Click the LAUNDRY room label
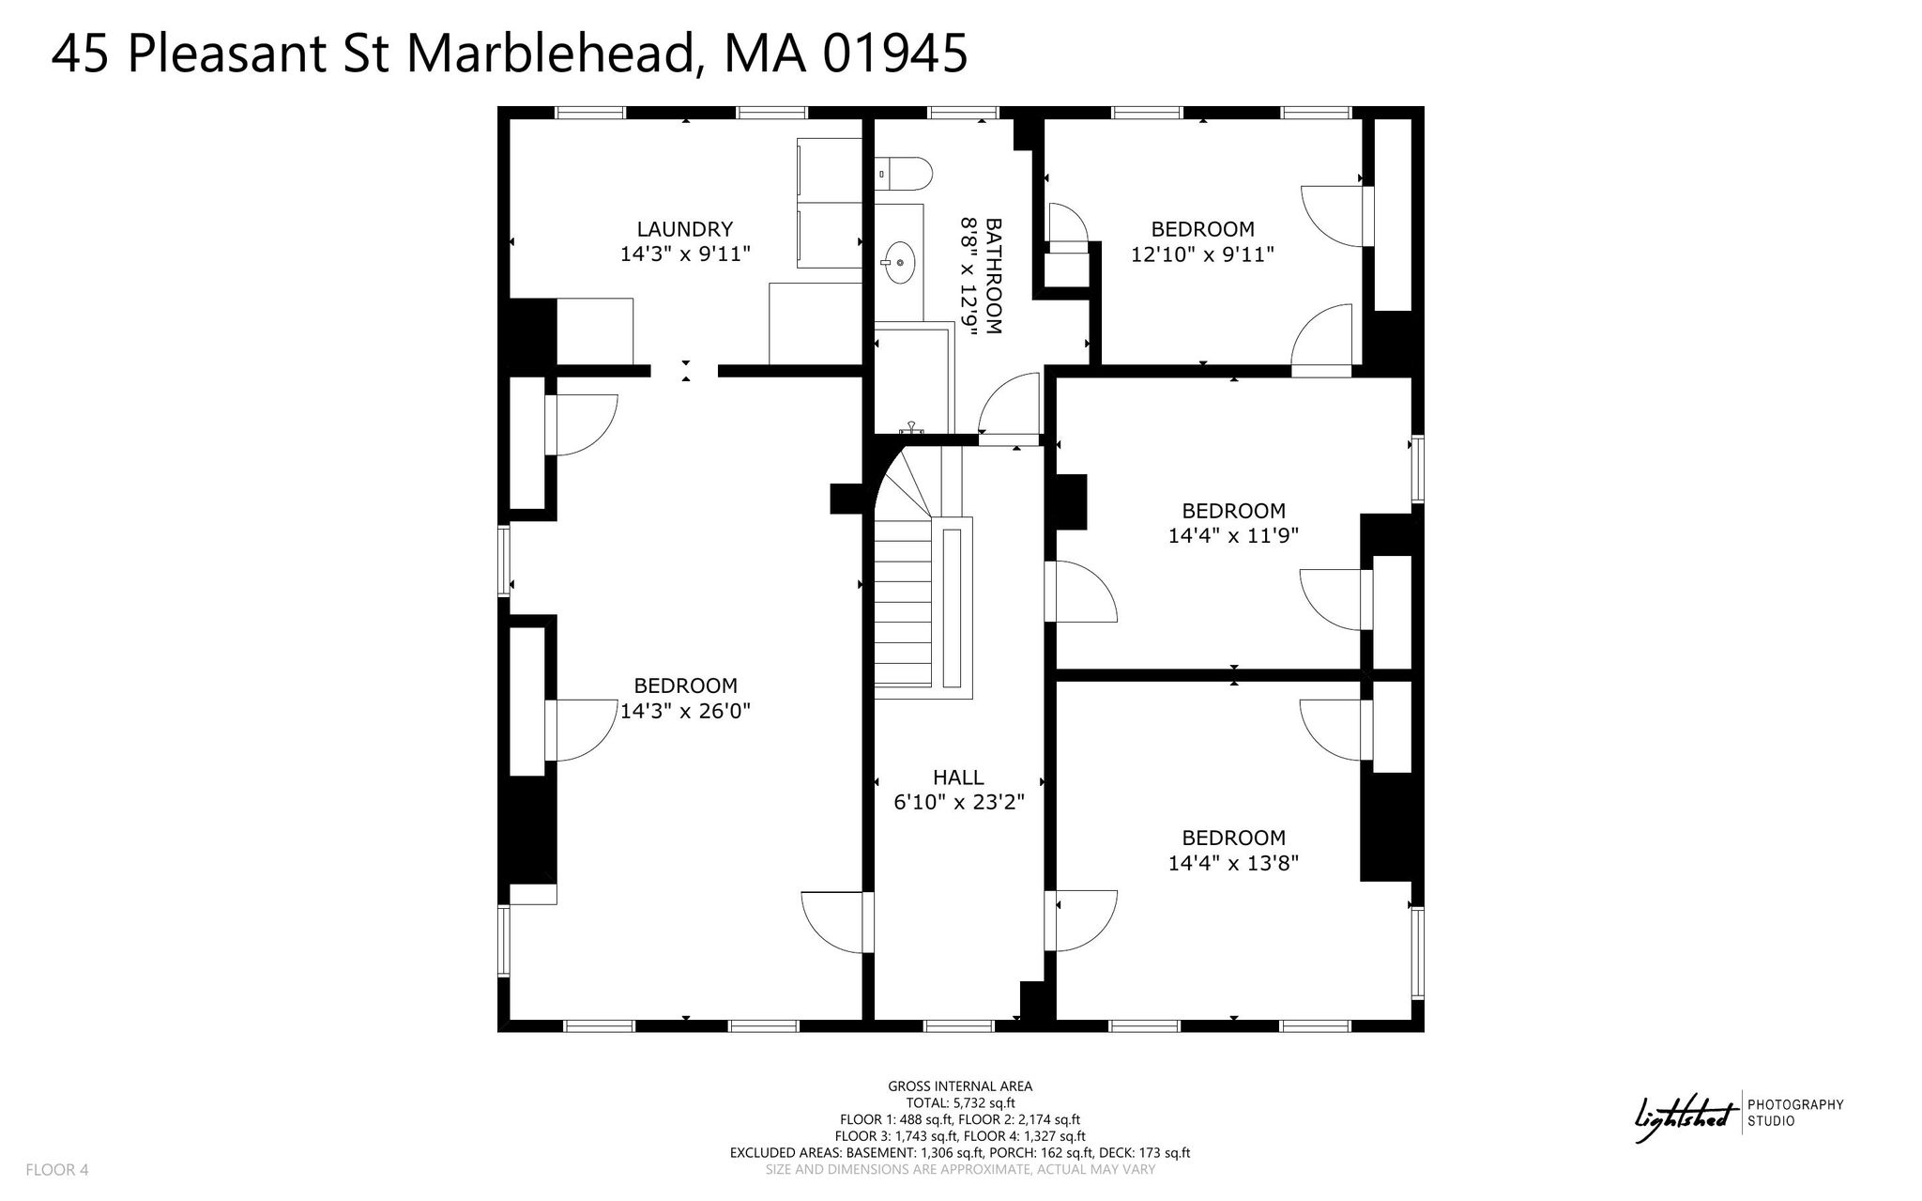pyautogui.click(x=684, y=229)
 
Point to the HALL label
pyautogui.click(x=958, y=778)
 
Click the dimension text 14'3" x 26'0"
pyautogui.click(x=685, y=711)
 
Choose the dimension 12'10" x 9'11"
pyautogui.click(x=1202, y=254)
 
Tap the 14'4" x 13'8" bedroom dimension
pyautogui.click(x=1233, y=862)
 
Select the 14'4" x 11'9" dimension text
pyautogui.click(x=1233, y=535)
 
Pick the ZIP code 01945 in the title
pyautogui.click(x=895, y=54)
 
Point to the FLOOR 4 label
pyautogui.click(x=57, y=1170)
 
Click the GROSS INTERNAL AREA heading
pyautogui.click(x=960, y=1086)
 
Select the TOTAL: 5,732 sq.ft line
pyautogui.click(x=960, y=1103)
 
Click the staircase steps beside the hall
pyautogui.click(x=904, y=601)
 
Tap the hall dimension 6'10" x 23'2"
pyautogui.click(x=958, y=803)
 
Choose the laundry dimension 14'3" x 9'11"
pyautogui.click(x=685, y=254)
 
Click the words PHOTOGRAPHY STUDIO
pyautogui.click(x=1795, y=1113)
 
